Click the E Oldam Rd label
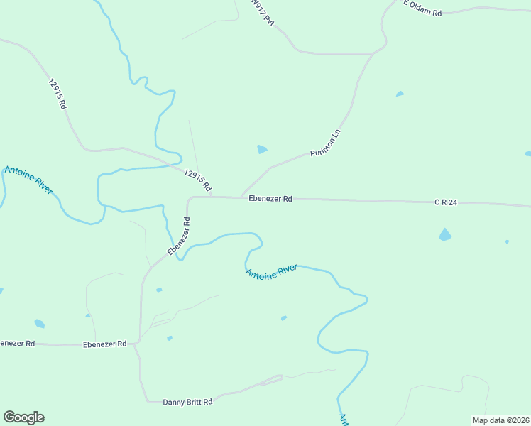pyautogui.click(x=422, y=8)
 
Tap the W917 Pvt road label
pyautogui.click(x=262, y=13)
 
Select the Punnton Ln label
pyautogui.click(x=326, y=143)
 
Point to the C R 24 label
pyautogui.click(x=446, y=202)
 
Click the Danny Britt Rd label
pyautogui.click(x=188, y=402)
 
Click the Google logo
pyautogui.click(x=23, y=417)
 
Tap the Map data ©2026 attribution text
pyautogui.click(x=501, y=420)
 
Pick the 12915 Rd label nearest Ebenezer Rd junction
pyautogui.click(x=198, y=180)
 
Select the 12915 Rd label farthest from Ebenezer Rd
pyautogui.click(x=58, y=93)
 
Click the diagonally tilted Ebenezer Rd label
pyautogui.click(x=179, y=237)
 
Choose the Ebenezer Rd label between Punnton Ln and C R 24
pyautogui.click(x=270, y=199)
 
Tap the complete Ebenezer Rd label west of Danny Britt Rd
pyautogui.click(x=104, y=344)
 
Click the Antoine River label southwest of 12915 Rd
pyautogui.click(x=28, y=180)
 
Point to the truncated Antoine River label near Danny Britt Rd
pyautogui.click(x=344, y=419)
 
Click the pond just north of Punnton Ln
pyautogui.click(x=262, y=149)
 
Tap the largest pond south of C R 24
pyautogui.click(x=445, y=235)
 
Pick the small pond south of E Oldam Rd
pyautogui.click(x=400, y=94)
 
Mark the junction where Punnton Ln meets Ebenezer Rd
pyautogui.click(x=241, y=197)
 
